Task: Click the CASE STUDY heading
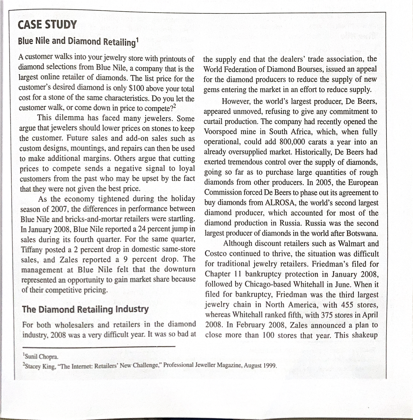click(x=47, y=25)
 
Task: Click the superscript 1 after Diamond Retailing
click(x=137, y=39)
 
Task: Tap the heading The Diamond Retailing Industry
click(x=85, y=309)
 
